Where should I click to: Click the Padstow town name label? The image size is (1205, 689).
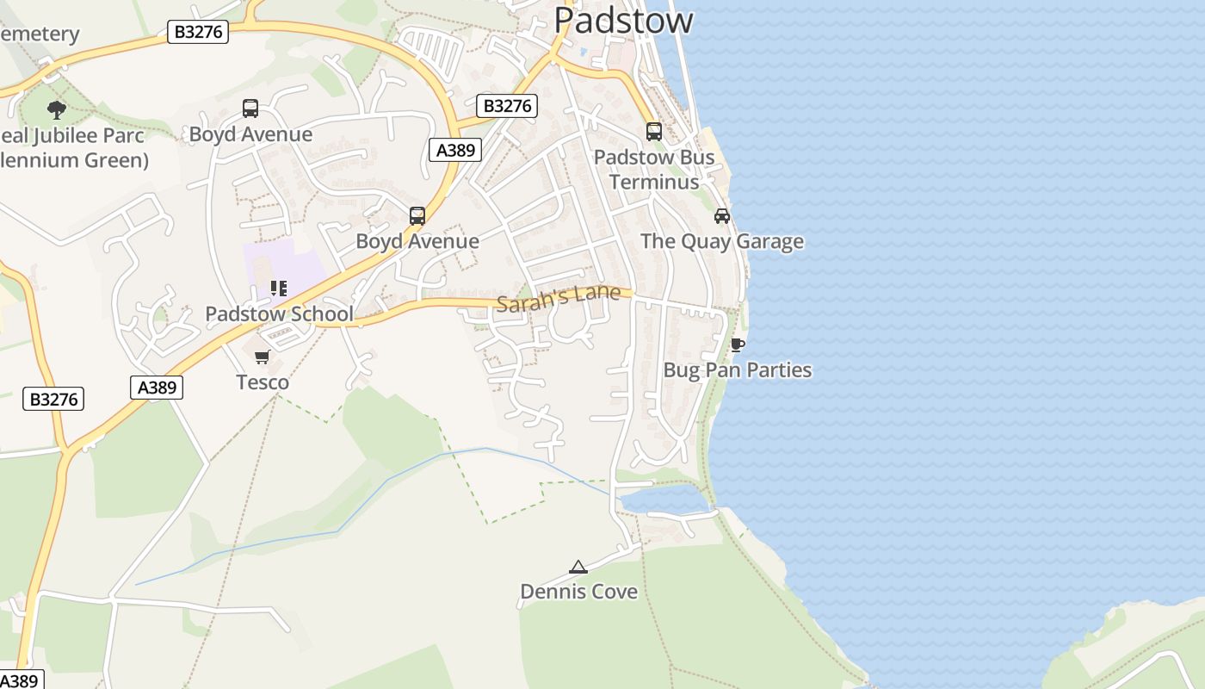click(623, 19)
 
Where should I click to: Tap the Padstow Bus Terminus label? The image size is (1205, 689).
click(654, 170)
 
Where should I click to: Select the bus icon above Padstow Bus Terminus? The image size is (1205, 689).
click(654, 132)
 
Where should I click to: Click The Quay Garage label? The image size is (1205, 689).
click(721, 241)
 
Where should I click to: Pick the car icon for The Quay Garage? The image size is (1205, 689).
click(722, 216)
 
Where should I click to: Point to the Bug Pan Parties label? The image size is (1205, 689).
click(737, 370)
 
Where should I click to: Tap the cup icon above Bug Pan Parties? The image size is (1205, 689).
click(737, 345)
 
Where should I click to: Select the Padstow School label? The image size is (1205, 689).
click(279, 313)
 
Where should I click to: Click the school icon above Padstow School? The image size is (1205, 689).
click(278, 289)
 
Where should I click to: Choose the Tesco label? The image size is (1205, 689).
click(263, 382)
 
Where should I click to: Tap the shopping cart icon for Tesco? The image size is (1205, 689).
click(263, 357)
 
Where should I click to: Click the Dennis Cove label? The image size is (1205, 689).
click(578, 592)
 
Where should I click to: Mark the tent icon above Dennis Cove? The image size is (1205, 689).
click(578, 567)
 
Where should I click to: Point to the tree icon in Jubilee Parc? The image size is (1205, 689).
click(57, 109)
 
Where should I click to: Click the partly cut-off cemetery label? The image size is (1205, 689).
click(40, 34)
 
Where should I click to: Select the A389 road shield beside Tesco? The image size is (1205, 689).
click(158, 388)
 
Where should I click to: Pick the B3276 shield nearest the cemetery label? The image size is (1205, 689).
click(199, 33)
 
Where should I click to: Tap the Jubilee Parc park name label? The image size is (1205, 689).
click(73, 147)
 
